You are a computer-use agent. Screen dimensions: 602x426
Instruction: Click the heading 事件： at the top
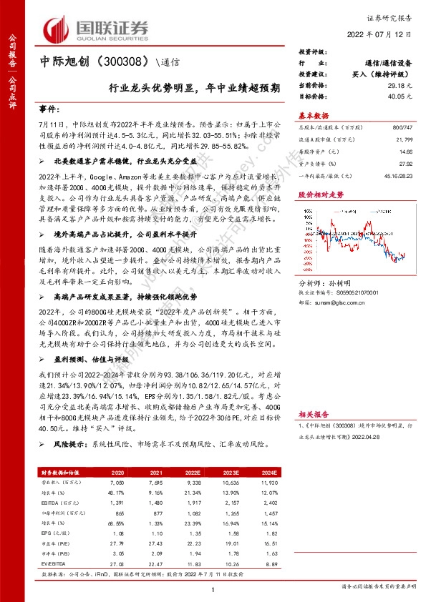tap(49, 109)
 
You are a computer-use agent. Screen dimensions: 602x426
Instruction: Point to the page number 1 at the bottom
tap(213, 589)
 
